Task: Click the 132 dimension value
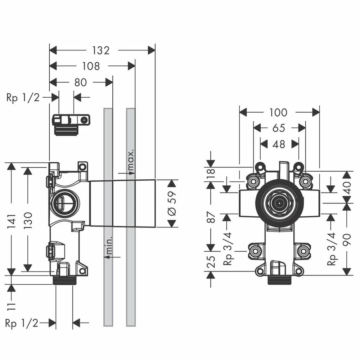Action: click(100, 50)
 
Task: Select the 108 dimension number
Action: click(91, 66)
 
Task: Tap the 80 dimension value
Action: click(80, 82)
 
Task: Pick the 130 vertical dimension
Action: click(28, 220)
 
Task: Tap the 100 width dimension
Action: click(279, 112)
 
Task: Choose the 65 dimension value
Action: click(279, 128)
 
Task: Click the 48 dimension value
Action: click(279, 144)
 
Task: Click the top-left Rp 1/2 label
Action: click(23, 98)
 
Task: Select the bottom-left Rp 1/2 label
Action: click(22, 323)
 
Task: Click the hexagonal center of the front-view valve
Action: click(279, 203)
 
